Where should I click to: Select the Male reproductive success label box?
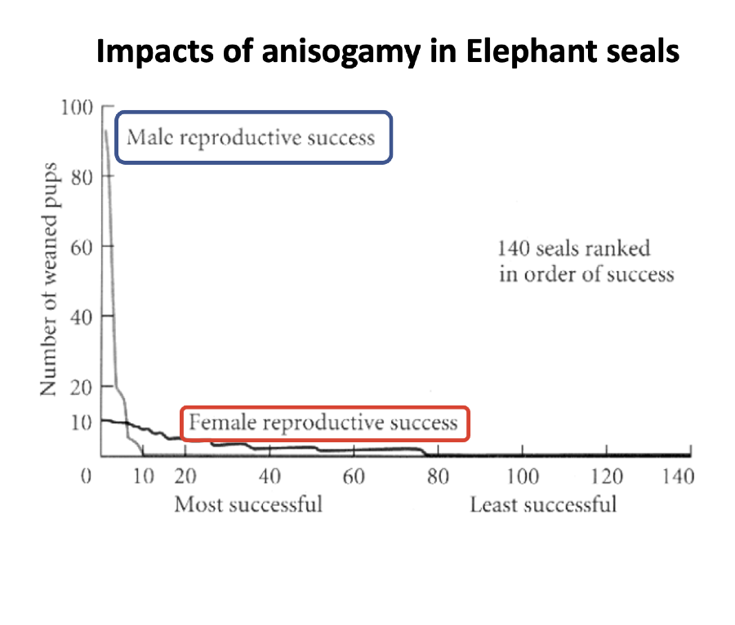253,137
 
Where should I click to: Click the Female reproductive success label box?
325,423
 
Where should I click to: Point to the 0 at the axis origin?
84,477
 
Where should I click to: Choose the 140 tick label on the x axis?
678,477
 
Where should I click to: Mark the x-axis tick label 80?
438,477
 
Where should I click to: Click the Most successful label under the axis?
248,504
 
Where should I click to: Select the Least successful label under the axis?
542,504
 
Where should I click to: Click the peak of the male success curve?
106,130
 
